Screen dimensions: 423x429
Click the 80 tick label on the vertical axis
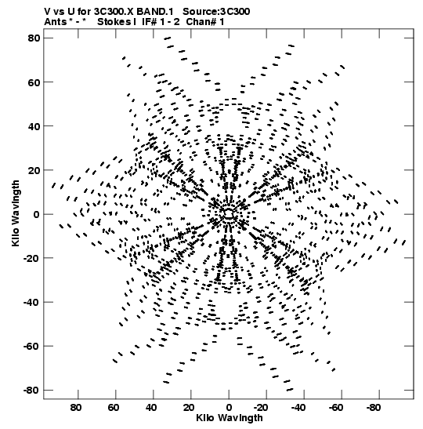[34, 38]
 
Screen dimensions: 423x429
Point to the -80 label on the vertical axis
[31, 390]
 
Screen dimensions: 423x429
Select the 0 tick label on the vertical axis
[37, 214]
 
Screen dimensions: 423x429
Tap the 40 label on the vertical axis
[34, 126]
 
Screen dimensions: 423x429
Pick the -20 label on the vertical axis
[31, 258]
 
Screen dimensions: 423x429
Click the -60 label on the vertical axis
[31, 346]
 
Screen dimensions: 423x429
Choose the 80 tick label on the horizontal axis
[76, 408]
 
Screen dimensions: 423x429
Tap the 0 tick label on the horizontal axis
[229, 408]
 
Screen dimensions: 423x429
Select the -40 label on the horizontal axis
[298, 408]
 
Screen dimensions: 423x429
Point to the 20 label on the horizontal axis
[189, 408]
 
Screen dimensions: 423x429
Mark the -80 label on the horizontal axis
[374, 408]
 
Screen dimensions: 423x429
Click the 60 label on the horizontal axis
[113, 408]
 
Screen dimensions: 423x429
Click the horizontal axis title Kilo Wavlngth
[230, 418]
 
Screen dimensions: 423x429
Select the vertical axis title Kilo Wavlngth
[16, 213]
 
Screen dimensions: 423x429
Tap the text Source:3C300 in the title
[216, 12]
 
